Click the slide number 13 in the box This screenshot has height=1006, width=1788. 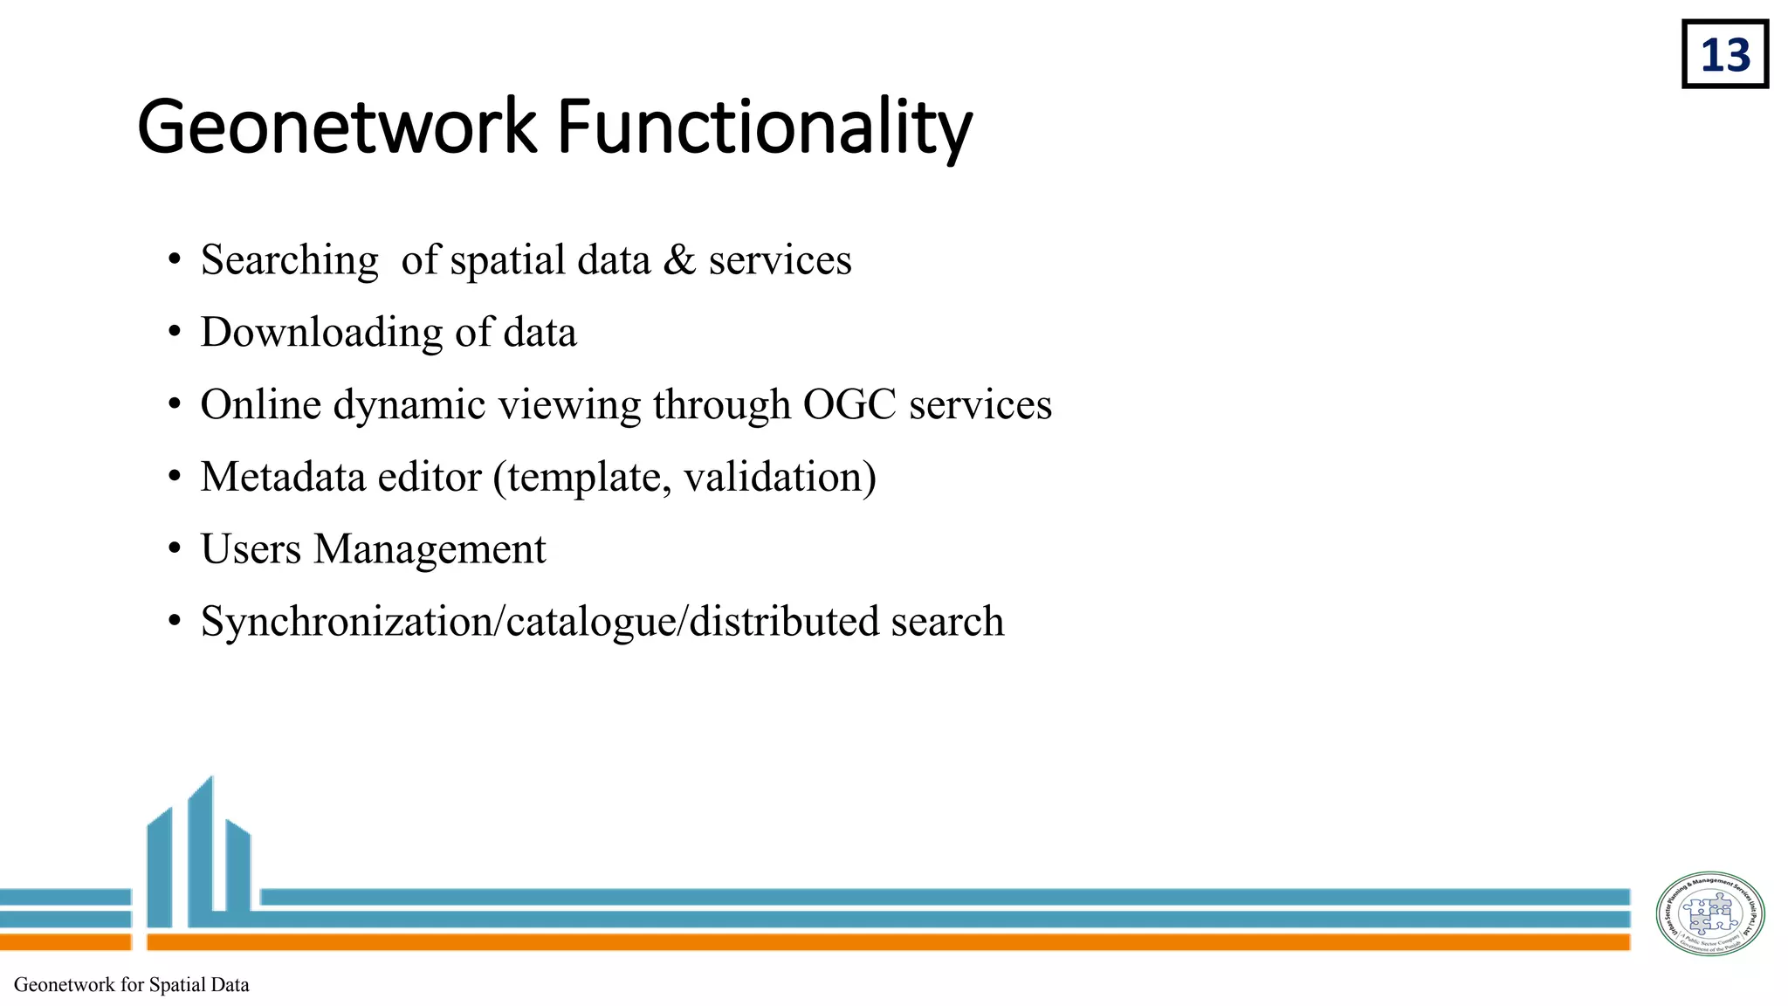(1725, 55)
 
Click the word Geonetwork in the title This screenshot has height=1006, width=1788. (336, 127)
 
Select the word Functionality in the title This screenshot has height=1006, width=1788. (764, 127)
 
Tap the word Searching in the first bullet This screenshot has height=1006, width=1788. (289, 260)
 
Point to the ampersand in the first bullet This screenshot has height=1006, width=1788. (679, 260)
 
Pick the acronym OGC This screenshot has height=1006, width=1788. (849, 404)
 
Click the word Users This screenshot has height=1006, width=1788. (251, 549)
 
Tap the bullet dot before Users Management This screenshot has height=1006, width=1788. (175, 550)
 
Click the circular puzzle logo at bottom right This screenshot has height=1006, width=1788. (1709, 913)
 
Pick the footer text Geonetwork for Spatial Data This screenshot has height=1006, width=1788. (132, 985)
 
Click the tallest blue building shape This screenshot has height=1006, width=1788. (201, 851)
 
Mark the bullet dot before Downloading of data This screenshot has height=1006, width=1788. (175, 333)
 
